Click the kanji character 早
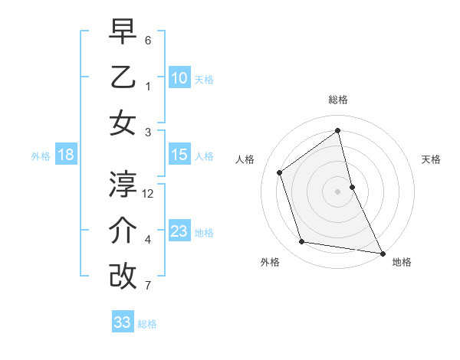tap(123, 33)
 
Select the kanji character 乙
tap(123, 77)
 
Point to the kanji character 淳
tap(123, 184)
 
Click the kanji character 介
tap(123, 231)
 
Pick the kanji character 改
tap(123, 276)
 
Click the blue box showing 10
tap(179, 78)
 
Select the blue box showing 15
tap(179, 155)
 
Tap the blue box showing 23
tap(179, 232)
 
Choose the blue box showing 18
tap(66, 155)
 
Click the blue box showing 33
tap(123, 322)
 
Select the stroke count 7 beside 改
tap(148, 286)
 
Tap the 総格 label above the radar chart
tap(338, 100)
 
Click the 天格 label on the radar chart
tap(431, 159)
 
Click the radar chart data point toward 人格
tap(279, 172)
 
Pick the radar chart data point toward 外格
tap(302, 242)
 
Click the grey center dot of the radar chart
tap(338, 191)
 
